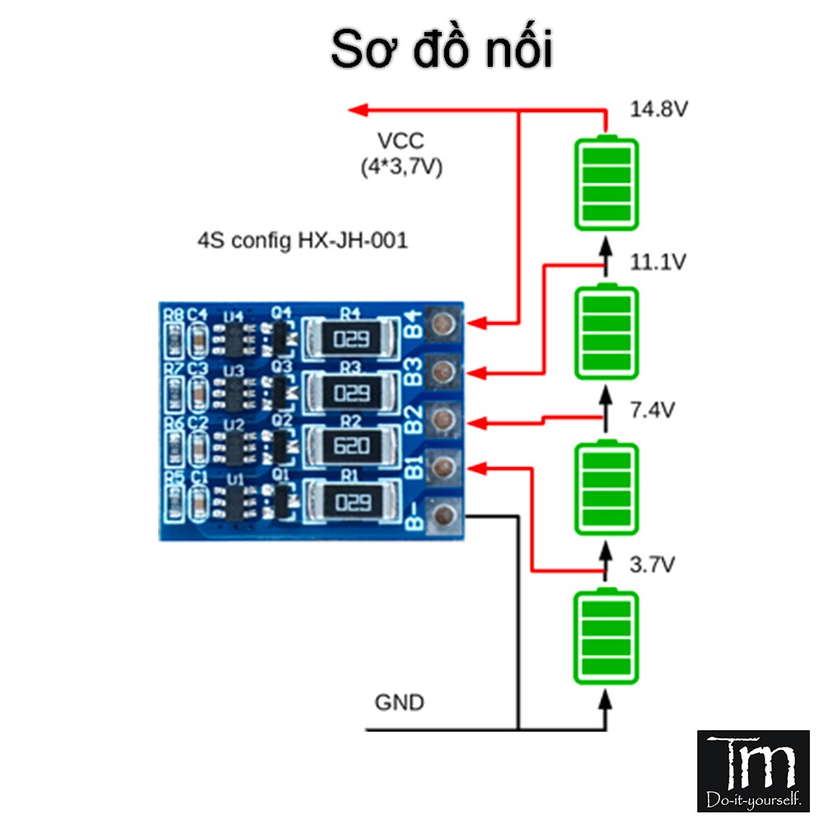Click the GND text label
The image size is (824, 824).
coord(400,703)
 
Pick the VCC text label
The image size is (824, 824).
coord(401,141)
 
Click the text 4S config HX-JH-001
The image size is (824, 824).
coord(302,242)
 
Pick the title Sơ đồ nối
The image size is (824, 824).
coord(441,51)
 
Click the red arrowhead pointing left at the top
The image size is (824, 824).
coord(356,110)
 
